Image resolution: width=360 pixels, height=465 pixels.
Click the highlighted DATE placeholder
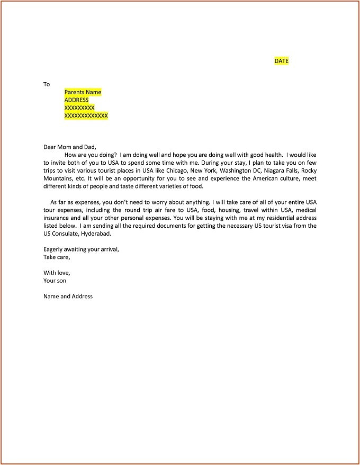click(282, 61)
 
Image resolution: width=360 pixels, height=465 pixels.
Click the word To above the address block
click(47, 84)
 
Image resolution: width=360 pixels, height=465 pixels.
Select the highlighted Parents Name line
click(83, 92)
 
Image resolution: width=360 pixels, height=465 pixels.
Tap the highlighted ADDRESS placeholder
click(76, 100)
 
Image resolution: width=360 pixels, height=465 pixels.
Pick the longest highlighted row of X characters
click(86, 115)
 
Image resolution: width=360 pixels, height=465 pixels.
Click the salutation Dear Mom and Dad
click(70, 147)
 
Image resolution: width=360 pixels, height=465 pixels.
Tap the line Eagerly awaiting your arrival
click(81, 249)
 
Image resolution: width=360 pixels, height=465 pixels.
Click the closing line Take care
click(57, 257)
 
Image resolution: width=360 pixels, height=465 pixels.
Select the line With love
click(56, 273)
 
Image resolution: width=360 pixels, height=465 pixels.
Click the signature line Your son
click(55, 281)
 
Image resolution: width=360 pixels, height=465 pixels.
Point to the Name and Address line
click(68, 296)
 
